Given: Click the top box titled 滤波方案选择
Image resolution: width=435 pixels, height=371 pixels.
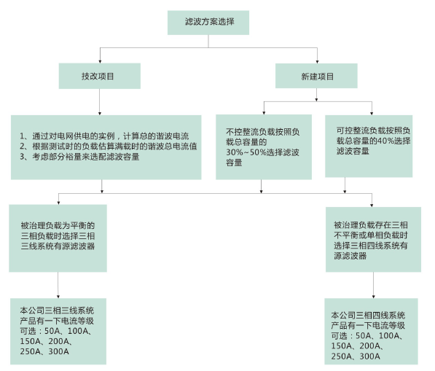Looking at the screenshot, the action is (x=208, y=23).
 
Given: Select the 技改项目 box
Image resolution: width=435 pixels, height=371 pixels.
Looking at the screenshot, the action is (x=100, y=76).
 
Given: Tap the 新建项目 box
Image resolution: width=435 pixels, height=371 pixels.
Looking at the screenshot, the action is (x=316, y=76).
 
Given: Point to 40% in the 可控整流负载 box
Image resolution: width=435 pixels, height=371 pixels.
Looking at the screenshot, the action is (x=383, y=141).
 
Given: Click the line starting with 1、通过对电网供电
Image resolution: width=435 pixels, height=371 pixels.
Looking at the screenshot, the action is (x=104, y=136).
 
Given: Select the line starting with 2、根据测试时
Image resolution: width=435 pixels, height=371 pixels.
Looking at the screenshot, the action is (x=108, y=147).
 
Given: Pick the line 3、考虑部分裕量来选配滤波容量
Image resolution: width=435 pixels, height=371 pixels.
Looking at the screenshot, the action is (x=79, y=157).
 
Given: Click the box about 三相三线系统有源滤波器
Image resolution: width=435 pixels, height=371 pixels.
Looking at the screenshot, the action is (x=58, y=238).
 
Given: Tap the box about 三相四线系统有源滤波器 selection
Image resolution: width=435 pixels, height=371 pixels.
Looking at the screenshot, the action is (x=373, y=239).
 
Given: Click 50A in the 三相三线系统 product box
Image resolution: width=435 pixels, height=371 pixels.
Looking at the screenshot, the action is (x=50, y=331).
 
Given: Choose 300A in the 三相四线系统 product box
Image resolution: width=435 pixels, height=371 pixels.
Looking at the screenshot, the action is (x=370, y=356).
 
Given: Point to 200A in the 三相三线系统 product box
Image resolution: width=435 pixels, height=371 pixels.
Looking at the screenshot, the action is (x=58, y=341).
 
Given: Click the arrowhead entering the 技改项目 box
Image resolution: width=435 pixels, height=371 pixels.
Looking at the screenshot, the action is (x=100, y=61).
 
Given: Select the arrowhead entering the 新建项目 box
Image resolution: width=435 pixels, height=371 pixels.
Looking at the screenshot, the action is (x=317, y=62).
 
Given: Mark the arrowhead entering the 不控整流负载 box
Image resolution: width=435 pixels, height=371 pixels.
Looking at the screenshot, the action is (x=264, y=113).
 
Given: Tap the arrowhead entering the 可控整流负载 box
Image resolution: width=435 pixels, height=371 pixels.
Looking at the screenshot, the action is (x=372, y=113).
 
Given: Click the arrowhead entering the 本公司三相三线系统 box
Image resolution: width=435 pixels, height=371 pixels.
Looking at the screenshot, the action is (x=58, y=297).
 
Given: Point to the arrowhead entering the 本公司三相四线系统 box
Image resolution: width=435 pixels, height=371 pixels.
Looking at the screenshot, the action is (x=373, y=297).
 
